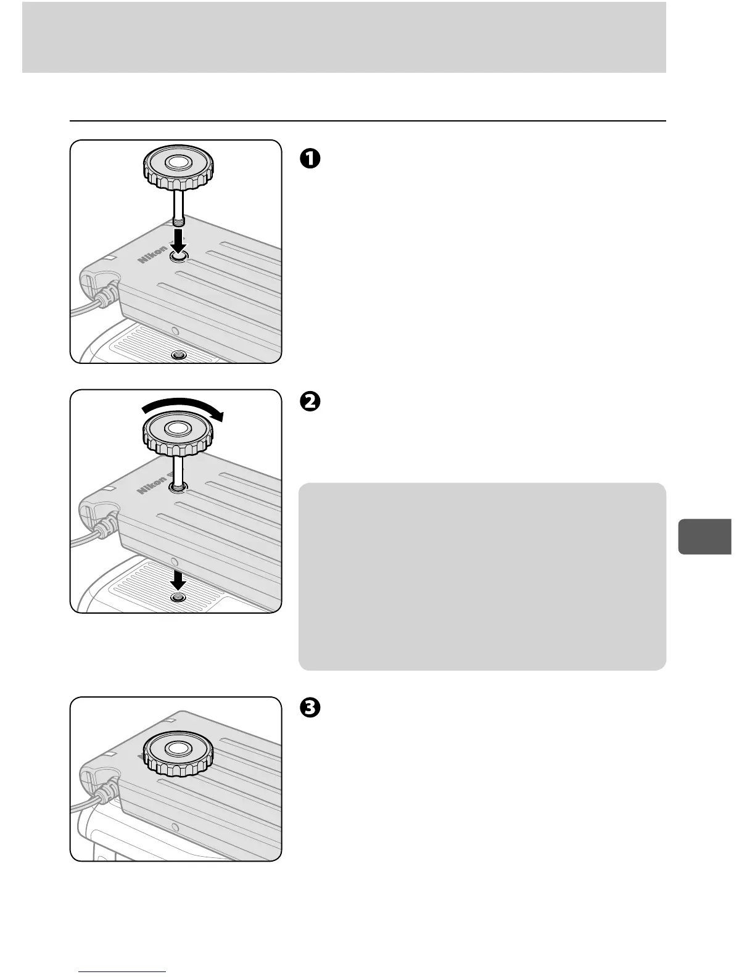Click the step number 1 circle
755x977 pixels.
[x=310, y=158]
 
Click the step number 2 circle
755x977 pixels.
[x=310, y=401]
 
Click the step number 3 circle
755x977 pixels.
[x=310, y=709]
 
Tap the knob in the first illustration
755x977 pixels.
[x=178, y=167]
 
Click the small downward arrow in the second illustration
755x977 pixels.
[x=179, y=579]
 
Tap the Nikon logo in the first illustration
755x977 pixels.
[x=152, y=254]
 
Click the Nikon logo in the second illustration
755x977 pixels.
[x=152, y=484]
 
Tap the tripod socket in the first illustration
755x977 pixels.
[x=179, y=355]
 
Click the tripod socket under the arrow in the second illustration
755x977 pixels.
[x=179, y=598]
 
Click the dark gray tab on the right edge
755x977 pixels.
[x=704, y=537]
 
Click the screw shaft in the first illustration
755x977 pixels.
[x=178, y=207]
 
